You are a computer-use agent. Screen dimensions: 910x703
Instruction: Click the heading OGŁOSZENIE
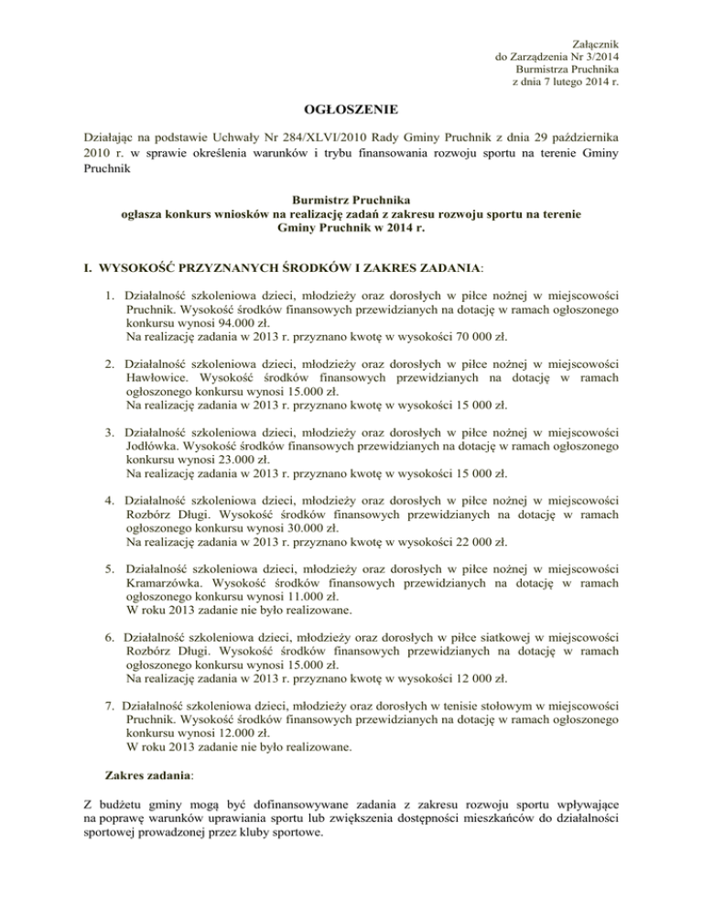pos(351,111)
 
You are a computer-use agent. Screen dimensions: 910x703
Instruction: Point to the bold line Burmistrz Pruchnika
pos(351,197)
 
